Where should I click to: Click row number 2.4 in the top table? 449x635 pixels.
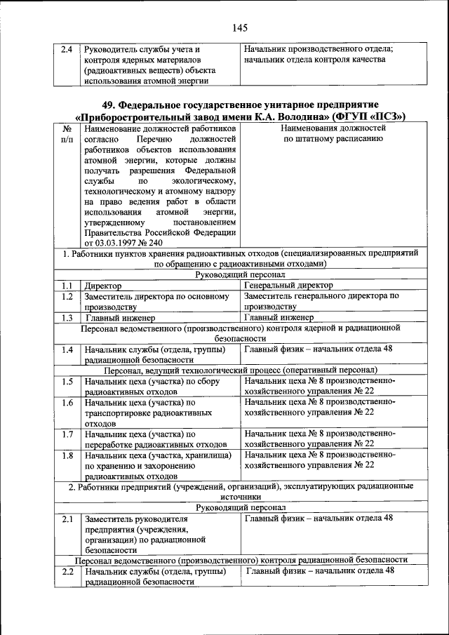point(67,49)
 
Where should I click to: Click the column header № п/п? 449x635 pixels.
point(67,134)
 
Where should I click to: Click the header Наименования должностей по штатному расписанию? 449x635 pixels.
point(333,134)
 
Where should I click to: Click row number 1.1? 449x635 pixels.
point(67,286)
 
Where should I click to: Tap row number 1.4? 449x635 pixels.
point(67,349)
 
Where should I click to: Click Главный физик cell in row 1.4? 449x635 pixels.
point(319,349)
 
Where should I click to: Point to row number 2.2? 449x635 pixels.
point(67,571)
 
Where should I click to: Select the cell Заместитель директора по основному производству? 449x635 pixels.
point(157,301)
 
